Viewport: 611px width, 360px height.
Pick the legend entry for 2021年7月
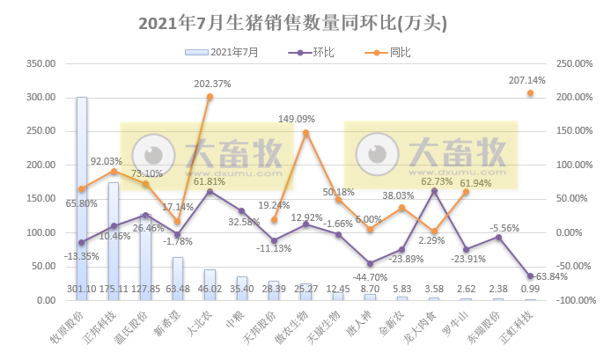tap(224, 52)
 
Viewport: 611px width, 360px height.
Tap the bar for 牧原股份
tap(82, 198)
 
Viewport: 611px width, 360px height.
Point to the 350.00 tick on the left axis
tap(41, 63)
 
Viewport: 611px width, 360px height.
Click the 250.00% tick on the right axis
tap(571, 63)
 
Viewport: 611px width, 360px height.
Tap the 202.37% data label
tap(212, 84)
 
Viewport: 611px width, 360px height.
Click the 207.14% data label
tap(527, 80)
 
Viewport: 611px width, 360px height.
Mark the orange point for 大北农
tap(210, 97)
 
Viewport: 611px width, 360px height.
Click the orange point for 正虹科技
tap(530, 93)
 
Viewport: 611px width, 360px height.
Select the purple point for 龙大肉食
tap(434, 190)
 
